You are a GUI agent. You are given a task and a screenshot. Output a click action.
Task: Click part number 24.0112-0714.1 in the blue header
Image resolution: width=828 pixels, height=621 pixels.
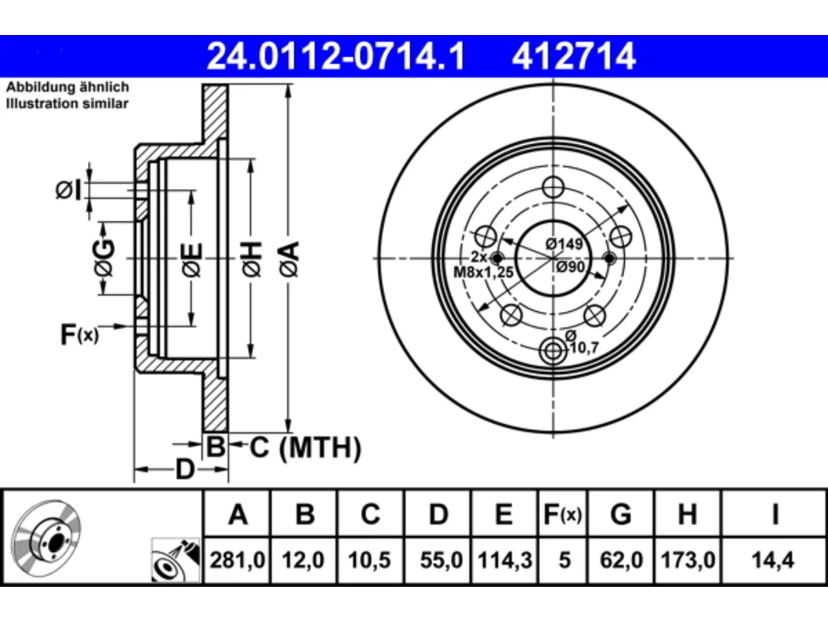coord(336,56)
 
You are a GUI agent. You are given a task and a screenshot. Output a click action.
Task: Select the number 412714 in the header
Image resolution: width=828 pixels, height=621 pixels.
coord(574,56)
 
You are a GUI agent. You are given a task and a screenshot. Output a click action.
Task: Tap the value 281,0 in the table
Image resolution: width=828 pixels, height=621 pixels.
coord(237,560)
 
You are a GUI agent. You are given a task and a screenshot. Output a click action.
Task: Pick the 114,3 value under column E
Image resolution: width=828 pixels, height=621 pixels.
coord(505,560)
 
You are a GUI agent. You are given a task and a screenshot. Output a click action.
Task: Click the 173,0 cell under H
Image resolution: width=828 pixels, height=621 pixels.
coord(688,560)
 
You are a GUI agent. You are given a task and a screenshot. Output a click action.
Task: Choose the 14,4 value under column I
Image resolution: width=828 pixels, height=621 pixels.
coord(773,560)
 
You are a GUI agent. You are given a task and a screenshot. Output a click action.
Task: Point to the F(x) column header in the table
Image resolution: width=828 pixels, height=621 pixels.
coord(562,514)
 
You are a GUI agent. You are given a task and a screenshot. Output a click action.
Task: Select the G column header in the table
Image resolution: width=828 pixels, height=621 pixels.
coord(621,514)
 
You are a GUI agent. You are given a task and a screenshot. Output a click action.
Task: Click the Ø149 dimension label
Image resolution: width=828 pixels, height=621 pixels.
coord(564,244)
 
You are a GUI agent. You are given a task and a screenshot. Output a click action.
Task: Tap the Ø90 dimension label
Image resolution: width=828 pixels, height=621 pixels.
coord(571,267)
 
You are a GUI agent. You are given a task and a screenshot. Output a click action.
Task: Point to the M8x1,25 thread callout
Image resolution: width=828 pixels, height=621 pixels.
coord(483,272)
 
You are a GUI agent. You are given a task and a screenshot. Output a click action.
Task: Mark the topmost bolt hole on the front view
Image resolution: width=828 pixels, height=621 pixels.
coord(553,187)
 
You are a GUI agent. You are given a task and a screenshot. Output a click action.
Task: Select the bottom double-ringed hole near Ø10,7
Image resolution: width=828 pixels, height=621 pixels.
coord(553,351)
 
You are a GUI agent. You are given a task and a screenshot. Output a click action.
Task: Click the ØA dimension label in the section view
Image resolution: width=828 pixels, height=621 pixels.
coord(290,259)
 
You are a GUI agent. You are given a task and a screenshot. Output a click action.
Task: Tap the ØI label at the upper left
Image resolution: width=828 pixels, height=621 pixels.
coord(69,190)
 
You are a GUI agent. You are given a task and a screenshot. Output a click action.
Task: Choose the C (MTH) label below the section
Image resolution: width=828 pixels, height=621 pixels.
coord(305,447)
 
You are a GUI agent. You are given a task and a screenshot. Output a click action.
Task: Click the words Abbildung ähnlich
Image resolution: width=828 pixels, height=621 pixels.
coord(68,87)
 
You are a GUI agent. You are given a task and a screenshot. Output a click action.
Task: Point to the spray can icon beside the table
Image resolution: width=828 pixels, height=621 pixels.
coord(176,560)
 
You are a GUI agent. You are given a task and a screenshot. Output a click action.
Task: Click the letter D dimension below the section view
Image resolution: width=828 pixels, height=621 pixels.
coord(185,470)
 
